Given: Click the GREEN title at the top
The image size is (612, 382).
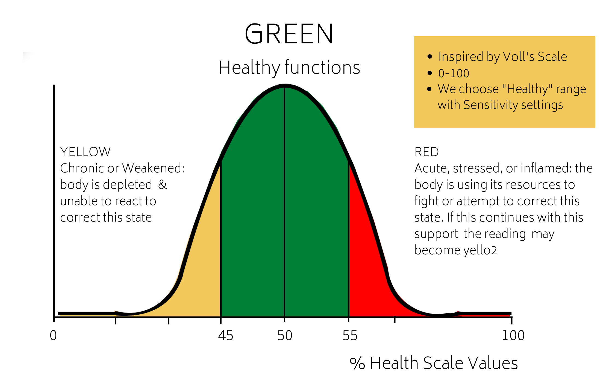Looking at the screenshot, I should [x=289, y=34].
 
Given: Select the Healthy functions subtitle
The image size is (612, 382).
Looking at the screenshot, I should [x=289, y=67].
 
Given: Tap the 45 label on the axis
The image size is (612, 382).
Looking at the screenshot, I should [x=226, y=336].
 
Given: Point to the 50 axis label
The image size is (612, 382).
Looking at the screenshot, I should [x=285, y=336].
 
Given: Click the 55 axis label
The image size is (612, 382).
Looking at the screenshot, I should [x=350, y=336].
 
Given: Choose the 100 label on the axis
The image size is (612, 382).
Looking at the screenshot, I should [x=513, y=336].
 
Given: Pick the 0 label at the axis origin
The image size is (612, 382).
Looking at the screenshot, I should [x=53, y=336].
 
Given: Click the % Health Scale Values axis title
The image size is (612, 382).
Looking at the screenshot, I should [x=434, y=363].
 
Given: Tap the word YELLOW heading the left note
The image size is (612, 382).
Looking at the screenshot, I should [x=85, y=152].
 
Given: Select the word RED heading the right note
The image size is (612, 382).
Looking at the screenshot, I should [x=426, y=152].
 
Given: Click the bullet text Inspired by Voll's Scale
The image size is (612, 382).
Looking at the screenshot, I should [x=502, y=57].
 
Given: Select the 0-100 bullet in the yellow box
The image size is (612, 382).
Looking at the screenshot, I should [x=454, y=73].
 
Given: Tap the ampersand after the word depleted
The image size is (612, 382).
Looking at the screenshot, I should [x=162, y=185].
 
